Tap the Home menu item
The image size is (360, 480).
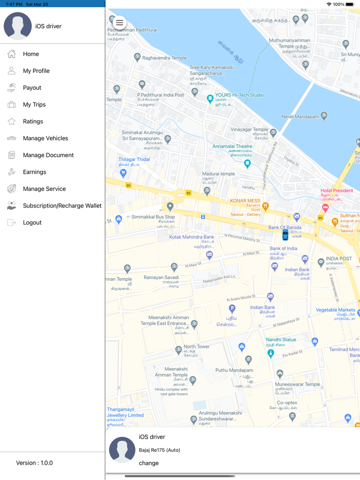coord(31,54)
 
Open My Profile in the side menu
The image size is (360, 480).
coord(36,71)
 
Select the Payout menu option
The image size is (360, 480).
coord(32,88)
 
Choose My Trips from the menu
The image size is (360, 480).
coord(34,104)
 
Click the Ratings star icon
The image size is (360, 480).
coord(11,121)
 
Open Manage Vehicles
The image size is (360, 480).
coord(45,138)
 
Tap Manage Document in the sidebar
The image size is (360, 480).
coord(48,155)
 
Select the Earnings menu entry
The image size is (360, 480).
coord(34,172)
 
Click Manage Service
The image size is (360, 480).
coord(44,189)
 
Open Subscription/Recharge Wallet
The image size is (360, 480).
coord(62,206)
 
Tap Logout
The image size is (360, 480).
coord(32,223)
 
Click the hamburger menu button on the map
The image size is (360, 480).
coord(119,23)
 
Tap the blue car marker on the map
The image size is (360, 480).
coord(285,235)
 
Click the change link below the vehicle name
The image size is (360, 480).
coord(149,463)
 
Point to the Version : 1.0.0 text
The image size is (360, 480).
coord(34,463)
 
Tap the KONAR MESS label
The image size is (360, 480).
coord(245,200)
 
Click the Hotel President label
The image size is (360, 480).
coord(336,191)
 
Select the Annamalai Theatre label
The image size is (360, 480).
coord(232,146)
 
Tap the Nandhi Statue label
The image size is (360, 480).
coord(281,340)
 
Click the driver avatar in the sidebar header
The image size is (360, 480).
coord(18,26)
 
